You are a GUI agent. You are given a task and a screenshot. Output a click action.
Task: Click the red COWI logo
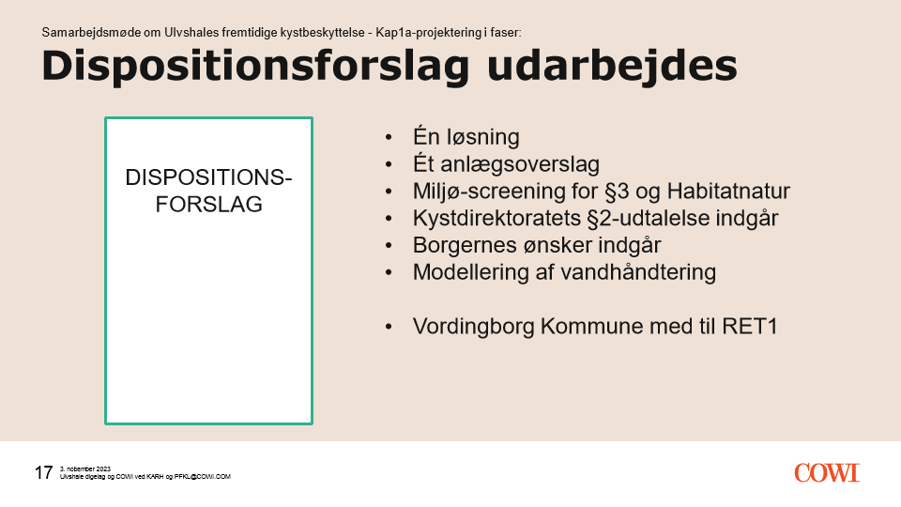point(827,472)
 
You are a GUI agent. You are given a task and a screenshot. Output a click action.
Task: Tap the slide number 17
point(44,472)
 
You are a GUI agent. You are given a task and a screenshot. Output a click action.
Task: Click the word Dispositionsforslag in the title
point(255,67)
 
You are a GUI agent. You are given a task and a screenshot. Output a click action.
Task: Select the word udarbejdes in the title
point(612,67)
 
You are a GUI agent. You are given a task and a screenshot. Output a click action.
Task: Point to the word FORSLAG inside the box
point(208,204)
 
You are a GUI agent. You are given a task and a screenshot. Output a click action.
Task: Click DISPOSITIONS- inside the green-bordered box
point(208,177)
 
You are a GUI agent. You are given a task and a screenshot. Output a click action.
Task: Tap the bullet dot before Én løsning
point(389,137)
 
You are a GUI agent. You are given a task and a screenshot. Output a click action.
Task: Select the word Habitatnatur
point(728,191)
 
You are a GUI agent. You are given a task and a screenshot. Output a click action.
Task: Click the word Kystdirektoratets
point(497,219)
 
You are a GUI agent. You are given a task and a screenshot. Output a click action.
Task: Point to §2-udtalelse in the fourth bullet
point(647,219)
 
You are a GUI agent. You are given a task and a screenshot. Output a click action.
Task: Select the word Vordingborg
point(473,327)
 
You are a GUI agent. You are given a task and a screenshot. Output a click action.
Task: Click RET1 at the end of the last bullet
point(749,327)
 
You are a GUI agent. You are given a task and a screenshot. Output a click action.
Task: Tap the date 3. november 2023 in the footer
point(85,469)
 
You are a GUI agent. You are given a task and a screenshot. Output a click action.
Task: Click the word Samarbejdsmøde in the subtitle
point(91,33)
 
